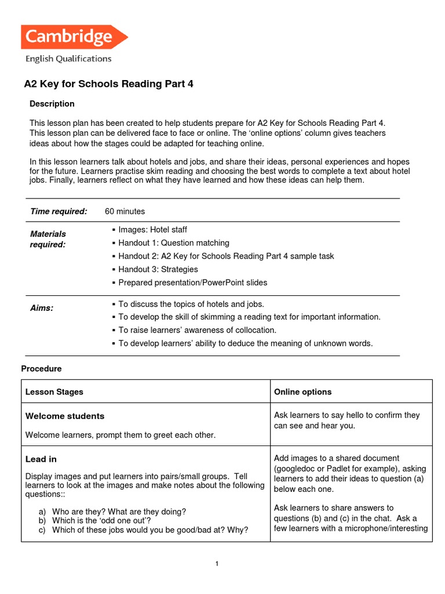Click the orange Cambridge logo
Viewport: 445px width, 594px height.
(x=74, y=37)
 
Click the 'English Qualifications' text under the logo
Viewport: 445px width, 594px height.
(x=68, y=59)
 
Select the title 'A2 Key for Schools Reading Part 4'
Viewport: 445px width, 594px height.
(x=108, y=84)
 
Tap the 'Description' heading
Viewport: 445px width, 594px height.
(x=52, y=104)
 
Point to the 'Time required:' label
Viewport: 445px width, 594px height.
(x=59, y=211)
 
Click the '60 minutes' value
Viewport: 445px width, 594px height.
(x=125, y=211)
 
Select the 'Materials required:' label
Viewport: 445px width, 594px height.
(x=48, y=239)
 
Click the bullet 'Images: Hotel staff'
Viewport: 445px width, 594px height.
(x=152, y=230)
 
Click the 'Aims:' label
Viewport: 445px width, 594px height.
(x=42, y=308)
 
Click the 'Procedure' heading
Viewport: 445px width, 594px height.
(x=41, y=369)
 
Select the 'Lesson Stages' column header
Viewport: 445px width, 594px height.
(x=54, y=392)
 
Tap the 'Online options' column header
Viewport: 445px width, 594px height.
(x=302, y=392)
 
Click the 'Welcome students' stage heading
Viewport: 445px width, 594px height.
(x=65, y=416)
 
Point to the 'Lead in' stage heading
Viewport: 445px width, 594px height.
(x=41, y=459)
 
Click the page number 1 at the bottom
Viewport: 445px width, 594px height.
(x=216, y=564)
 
